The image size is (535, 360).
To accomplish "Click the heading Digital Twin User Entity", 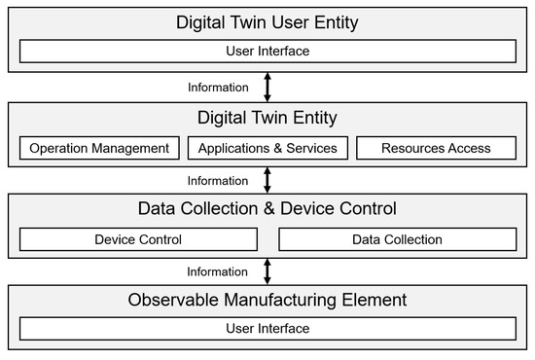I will click(267, 21).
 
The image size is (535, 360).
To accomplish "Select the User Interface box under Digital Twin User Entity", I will click(267, 51).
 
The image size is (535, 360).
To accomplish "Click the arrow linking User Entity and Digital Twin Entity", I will click(267, 86).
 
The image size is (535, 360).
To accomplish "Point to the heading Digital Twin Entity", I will click(267, 118).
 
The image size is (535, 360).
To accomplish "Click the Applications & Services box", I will click(267, 148).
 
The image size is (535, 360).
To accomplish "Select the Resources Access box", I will click(436, 148).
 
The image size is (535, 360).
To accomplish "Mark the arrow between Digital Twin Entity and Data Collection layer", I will click(267, 179).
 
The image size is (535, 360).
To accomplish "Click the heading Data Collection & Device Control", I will click(267, 208).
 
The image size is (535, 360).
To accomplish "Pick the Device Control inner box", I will click(137, 239).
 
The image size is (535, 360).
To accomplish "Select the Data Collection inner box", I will click(398, 239).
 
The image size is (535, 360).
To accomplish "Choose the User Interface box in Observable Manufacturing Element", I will click(267, 329).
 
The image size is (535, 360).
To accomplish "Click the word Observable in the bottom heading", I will click(172, 300).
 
